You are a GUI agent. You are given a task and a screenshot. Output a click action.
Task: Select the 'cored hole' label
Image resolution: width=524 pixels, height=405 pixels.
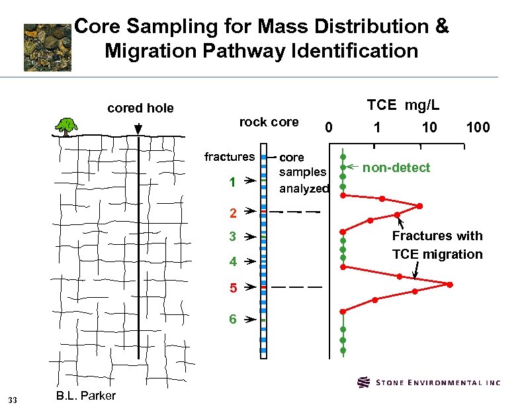[140, 108]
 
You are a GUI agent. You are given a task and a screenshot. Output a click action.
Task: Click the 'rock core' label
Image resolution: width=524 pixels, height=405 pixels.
[269, 122]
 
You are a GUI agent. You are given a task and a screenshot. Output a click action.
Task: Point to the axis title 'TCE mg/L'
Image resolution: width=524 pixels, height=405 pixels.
[404, 105]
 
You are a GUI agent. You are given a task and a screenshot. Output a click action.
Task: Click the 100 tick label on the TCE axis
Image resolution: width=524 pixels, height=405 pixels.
[478, 127]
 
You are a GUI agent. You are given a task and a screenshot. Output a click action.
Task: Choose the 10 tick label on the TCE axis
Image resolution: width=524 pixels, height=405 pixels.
[429, 127]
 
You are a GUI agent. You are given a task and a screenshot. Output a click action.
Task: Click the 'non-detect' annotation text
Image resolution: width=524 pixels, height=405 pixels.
[396, 167]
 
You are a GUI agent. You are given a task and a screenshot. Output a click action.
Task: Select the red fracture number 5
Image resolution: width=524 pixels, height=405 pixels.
[233, 289]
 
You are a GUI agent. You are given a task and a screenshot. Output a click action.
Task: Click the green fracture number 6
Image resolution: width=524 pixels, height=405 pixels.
[233, 319]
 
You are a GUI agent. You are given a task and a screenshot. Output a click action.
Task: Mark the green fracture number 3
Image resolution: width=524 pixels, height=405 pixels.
[233, 236]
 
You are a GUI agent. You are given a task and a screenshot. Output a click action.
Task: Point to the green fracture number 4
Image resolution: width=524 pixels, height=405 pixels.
[233, 261]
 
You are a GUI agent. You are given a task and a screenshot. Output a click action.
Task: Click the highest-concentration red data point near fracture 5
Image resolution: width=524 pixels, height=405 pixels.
[449, 285]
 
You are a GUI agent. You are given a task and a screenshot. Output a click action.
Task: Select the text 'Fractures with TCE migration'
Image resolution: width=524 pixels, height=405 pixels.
[437, 245]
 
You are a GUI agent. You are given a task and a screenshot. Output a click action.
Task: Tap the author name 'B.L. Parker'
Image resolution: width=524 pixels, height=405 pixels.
[86, 396]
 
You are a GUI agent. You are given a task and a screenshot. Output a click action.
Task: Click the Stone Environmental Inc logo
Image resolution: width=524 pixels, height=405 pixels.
[429, 382]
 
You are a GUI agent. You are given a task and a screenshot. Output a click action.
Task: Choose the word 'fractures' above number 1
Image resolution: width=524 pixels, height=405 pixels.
[229, 157]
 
